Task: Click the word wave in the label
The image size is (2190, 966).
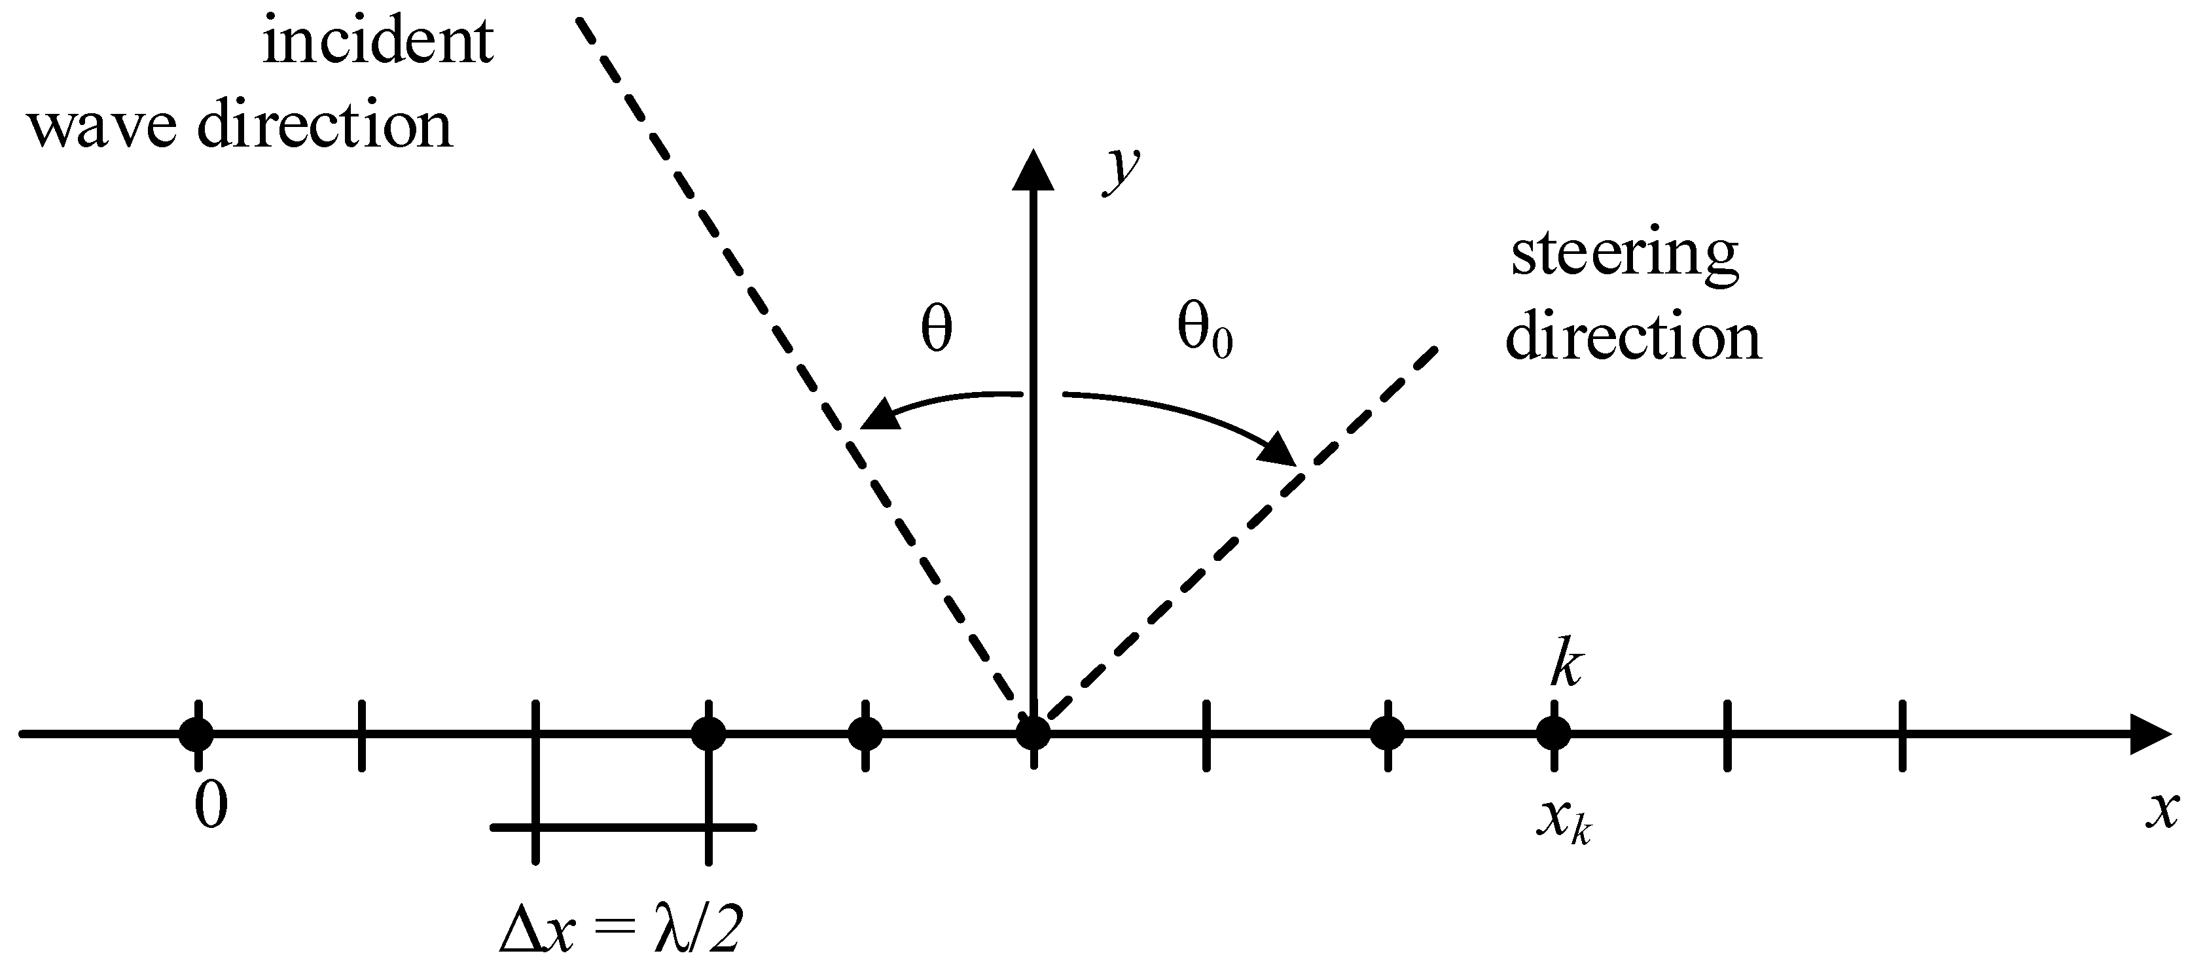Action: click(103, 128)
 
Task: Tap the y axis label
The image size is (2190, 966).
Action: click(1121, 171)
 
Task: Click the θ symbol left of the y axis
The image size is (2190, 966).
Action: click(936, 329)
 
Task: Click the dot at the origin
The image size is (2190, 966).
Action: click(1033, 733)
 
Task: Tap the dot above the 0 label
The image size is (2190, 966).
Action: click(197, 733)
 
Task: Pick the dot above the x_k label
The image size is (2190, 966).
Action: click(1554, 733)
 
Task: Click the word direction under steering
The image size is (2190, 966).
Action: click(1632, 338)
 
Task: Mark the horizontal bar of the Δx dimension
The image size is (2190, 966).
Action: click(623, 826)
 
